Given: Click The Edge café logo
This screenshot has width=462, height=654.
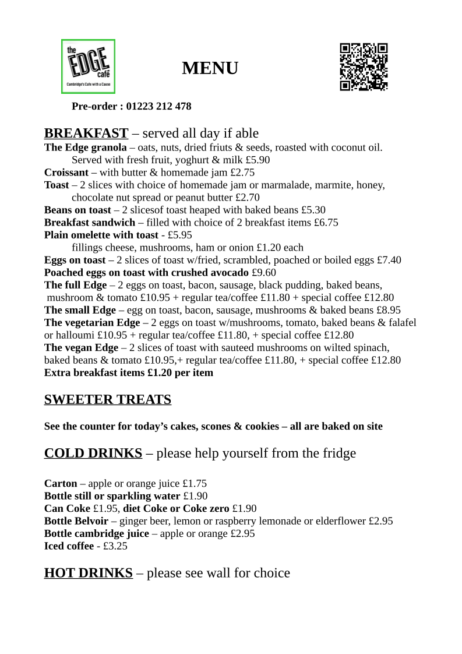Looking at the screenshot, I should (88, 66).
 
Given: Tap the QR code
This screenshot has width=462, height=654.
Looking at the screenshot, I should (364, 67).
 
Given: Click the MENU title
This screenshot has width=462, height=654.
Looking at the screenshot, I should (210, 68).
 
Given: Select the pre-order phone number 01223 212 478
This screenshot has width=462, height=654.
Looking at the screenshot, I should (158, 106).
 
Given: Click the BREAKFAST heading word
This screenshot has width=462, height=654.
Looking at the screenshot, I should (86, 133).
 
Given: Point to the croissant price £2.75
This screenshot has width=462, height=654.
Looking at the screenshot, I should (242, 173).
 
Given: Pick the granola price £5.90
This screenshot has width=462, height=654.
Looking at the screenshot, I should (258, 160).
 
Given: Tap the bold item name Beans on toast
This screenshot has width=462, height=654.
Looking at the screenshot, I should (77, 210).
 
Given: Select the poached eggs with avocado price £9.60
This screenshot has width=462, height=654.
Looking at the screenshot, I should (264, 273).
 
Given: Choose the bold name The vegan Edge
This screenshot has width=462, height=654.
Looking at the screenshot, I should (81, 348).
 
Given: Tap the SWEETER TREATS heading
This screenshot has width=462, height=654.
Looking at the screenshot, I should (108, 400).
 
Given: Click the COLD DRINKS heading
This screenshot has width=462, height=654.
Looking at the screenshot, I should (93, 453).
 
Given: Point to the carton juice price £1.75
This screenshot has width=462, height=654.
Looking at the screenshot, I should (195, 484).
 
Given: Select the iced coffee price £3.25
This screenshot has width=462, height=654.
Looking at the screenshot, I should (115, 546).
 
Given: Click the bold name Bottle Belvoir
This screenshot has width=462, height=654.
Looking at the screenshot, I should (76, 521).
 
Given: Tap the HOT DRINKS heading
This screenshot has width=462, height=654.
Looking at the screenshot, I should (89, 573).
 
